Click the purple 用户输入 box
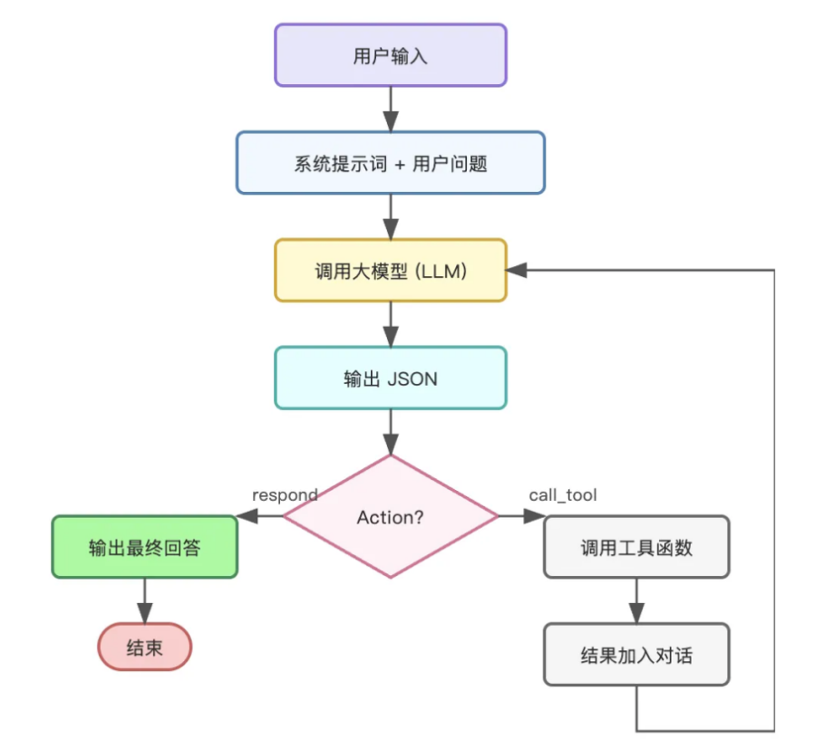(390, 56)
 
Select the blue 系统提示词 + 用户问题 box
(390, 163)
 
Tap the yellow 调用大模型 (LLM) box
(390, 270)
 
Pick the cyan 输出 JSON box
(390, 378)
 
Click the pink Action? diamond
(390, 517)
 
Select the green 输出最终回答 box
(144, 547)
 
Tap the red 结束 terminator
(145, 647)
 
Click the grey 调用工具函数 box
(635, 547)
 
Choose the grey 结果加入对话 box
(635, 654)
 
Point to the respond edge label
(284, 494)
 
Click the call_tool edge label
(562, 494)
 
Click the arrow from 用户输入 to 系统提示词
(390, 109)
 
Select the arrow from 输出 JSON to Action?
(390, 431)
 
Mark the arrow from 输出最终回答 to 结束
(145, 599)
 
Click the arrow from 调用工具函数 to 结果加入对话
(635, 599)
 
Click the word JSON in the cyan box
(412, 379)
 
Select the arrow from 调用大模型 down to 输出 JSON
(390, 323)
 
